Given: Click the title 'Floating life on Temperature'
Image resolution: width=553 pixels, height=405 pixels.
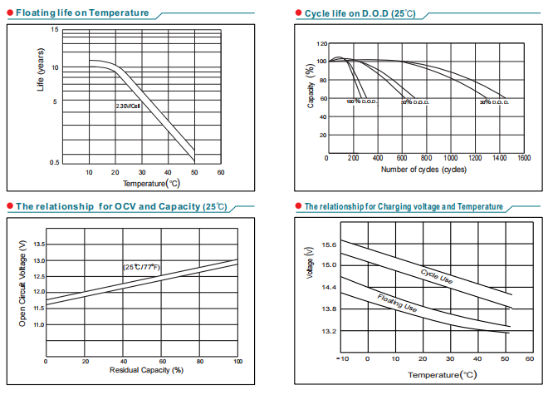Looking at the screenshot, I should [83, 13].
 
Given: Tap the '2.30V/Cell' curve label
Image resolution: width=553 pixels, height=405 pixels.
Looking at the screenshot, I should [128, 106].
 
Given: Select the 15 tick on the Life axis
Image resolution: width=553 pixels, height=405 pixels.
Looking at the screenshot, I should [55, 30].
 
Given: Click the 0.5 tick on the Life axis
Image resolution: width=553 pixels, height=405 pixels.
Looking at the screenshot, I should [54, 161].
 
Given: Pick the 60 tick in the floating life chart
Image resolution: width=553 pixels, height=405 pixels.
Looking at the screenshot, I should [221, 172].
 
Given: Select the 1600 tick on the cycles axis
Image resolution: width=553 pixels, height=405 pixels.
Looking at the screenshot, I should [523, 157].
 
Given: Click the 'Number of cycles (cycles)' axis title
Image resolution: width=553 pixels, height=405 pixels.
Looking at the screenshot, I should [423, 170].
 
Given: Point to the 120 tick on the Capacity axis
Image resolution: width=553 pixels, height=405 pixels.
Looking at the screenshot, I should [321, 43].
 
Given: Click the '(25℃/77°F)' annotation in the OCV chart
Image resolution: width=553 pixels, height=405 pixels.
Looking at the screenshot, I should [142, 266].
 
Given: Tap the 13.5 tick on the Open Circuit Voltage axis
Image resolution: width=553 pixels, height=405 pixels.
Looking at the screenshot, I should [38, 244].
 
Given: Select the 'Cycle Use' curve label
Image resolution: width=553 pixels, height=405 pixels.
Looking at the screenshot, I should [436, 277].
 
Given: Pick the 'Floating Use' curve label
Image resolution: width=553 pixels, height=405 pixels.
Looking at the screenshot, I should [397, 303].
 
